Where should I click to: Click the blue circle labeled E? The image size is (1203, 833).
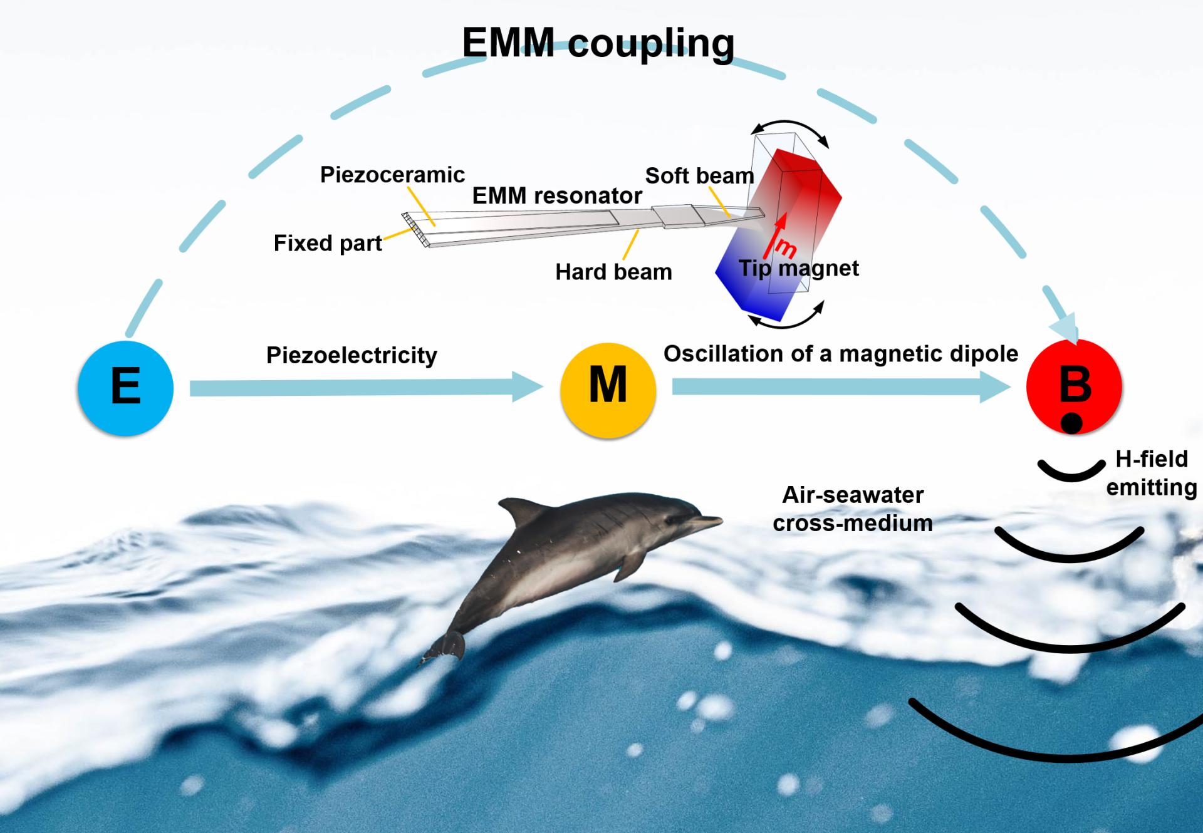click(x=125, y=388)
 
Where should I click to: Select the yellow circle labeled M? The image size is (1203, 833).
click(x=608, y=389)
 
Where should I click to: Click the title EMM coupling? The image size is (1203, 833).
click(x=598, y=43)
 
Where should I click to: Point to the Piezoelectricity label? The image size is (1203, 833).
click(x=352, y=355)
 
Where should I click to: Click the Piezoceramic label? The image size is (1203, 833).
click(x=392, y=175)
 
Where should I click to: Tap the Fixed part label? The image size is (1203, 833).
click(x=328, y=243)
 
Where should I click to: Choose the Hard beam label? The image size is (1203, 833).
click(x=613, y=272)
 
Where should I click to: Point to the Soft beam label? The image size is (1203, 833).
click(x=699, y=176)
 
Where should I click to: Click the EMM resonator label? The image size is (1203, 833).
click(x=557, y=196)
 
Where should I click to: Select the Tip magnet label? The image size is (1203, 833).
click(x=799, y=268)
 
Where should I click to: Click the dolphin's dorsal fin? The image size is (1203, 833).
click(x=517, y=510)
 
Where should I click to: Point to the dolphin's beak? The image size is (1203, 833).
click(x=711, y=519)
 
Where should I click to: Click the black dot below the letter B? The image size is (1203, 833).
click(x=1071, y=423)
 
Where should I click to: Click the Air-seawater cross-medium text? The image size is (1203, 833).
click(x=853, y=509)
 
